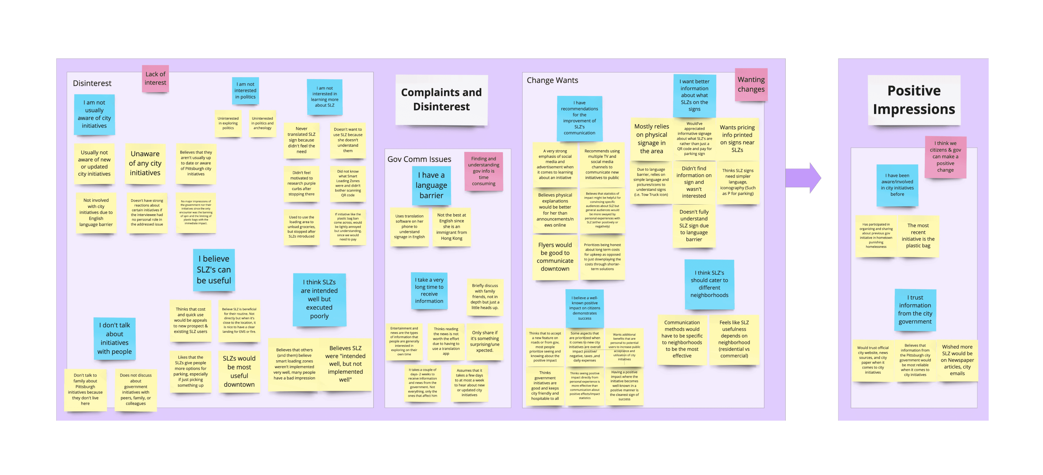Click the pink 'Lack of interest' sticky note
click(155, 79)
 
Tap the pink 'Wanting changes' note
click(751, 85)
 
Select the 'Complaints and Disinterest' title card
click(441, 100)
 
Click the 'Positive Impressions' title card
click(913, 100)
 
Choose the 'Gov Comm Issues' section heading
click(419, 160)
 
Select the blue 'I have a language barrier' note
click(431, 185)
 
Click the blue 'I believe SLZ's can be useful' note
click(214, 270)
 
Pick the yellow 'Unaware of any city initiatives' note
click(145, 163)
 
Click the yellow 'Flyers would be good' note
click(555, 257)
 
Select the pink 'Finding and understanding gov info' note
click(483, 171)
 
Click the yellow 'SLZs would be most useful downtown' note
click(239, 371)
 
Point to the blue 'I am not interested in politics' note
click(245, 91)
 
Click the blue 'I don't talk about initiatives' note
click(115, 339)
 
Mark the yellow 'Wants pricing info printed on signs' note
click(737, 139)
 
